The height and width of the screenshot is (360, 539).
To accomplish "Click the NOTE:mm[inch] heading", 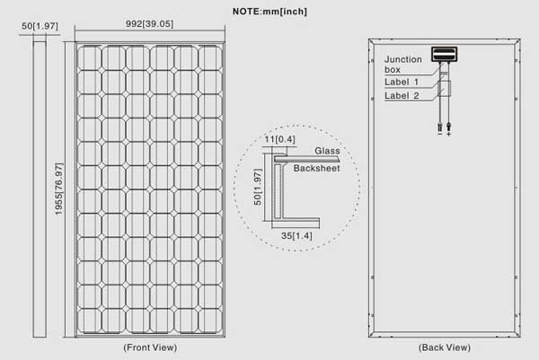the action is [269, 12].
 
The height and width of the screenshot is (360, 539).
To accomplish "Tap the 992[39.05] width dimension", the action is [149, 24].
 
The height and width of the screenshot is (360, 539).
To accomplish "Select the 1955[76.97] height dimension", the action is [59, 189].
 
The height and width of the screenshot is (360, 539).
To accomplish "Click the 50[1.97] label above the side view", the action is [40, 26].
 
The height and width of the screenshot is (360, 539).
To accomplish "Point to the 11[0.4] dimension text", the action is [279, 139].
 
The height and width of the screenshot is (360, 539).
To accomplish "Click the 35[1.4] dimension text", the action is [296, 236].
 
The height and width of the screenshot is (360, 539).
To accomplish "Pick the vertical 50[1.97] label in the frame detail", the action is [258, 188].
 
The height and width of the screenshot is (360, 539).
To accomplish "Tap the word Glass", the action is [327, 151].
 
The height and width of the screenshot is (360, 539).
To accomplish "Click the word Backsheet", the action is [316, 168].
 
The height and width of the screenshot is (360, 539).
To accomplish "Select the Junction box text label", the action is [402, 65].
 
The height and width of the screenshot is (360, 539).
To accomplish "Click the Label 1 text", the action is [402, 82].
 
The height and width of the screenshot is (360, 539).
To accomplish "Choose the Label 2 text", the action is [402, 96].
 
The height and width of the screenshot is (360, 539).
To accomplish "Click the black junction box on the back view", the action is [444, 54].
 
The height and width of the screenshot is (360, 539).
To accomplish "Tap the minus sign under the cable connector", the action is [440, 134].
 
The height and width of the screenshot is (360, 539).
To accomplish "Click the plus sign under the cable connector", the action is [448, 134].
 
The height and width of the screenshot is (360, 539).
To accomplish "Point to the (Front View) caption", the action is [150, 347].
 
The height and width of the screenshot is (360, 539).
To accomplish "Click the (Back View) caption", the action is [445, 347].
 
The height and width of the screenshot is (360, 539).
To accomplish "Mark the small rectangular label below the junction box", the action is [444, 89].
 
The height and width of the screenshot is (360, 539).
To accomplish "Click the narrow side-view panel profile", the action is [40, 189].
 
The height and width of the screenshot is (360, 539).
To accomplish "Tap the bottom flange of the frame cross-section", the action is [296, 223].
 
